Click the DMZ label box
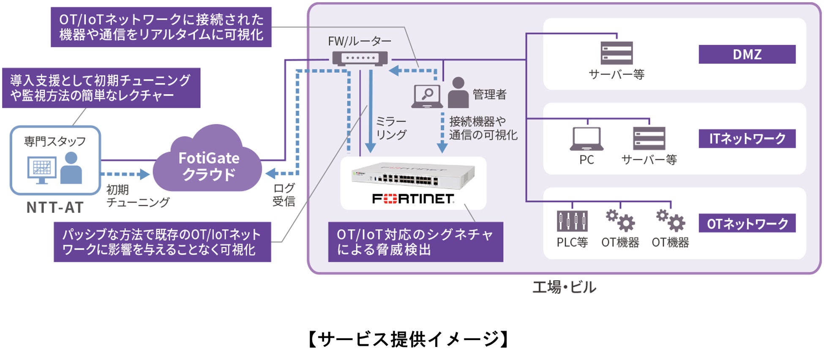pyautogui.click(x=747, y=55)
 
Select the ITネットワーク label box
pyautogui.click(x=747, y=139)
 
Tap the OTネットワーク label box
pyautogui.click(x=747, y=224)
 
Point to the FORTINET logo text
pyautogui.click(x=413, y=199)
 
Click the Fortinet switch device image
pyautogui.click(x=413, y=177)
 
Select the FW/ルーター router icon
pyautogui.click(x=360, y=58)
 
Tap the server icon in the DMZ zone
pyautogui.click(x=617, y=53)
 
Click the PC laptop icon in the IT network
pyautogui.click(x=587, y=139)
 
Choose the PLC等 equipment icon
pyautogui.click(x=572, y=221)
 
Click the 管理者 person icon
pyautogui.click(x=458, y=93)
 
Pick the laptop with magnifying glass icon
pyautogui.click(x=427, y=96)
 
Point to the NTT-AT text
pyautogui.click(x=55, y=207)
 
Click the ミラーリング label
pyautogui.click(x=391, y=128)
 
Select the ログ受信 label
pyautogui.click(x=284, y=194)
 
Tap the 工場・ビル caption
pyautogui.click(x=564, y=287)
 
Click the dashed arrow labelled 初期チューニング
pyautogui.click(x=125, y=174)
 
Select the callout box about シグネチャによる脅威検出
pyautogui.click(x=415, y=242)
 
